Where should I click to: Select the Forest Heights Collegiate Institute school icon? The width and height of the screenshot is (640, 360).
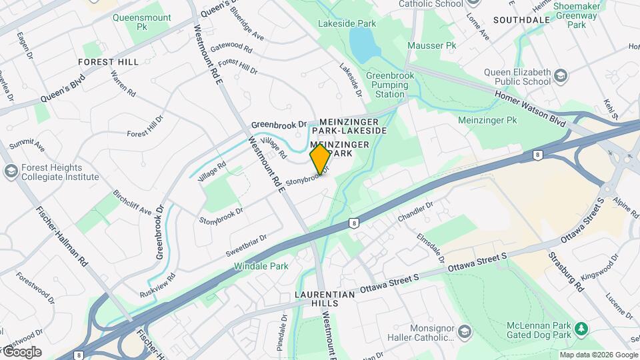pyautogui.click(x=11, y=171)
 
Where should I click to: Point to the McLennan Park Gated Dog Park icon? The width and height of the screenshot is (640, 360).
pyautogui.click(x=581, y=329)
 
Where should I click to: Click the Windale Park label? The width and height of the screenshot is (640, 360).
pyautogui.click(x=261, y=266)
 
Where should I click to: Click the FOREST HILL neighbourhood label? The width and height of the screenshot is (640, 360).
pyautogui.click(x=108, y=62)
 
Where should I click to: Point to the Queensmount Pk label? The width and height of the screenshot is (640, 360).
pyautogui.click(x=141, y=23)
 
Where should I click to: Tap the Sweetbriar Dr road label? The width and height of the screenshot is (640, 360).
pyautogui.click(x=246, y=246)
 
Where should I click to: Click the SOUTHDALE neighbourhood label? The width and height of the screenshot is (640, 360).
pyautogui.click(x=521, y=20)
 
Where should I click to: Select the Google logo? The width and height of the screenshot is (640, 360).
pyautogui.click(x=22, y=352)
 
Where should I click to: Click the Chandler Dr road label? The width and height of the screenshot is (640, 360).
pyautogui.click(x=415, y=212)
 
